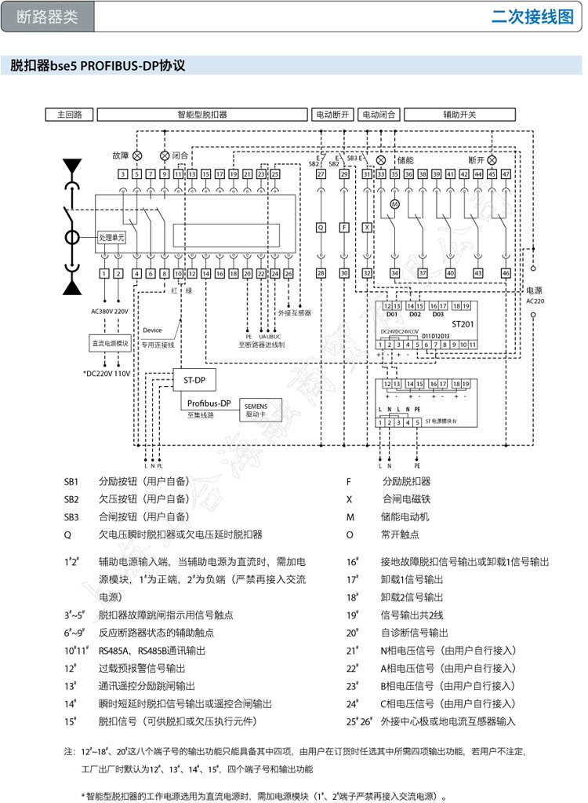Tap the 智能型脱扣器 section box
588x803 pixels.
[201, 114]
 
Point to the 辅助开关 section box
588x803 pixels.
[459, 114]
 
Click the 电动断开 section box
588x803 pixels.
[332, 114]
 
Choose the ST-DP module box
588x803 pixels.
[194, 380]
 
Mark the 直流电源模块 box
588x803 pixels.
[111, 343]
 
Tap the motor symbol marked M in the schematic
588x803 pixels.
[395, 203]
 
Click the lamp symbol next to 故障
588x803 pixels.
[137, 155]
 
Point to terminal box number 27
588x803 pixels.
[321, 174]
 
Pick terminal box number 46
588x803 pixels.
[506, 272]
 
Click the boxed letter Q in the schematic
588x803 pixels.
[321, 227]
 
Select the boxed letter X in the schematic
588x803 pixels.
[367, 227]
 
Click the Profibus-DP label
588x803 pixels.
[209, 403]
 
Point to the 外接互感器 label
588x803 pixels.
[294, 312]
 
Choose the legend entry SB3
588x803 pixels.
[71, 516]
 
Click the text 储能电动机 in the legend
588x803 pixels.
[405, 516]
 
